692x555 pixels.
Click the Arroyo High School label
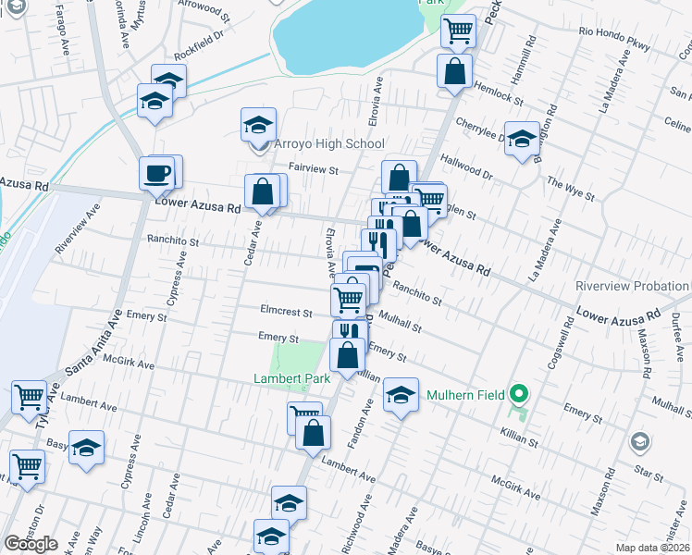point(327,144)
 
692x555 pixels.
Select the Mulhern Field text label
point(465,395)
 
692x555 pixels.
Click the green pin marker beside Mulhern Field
point(520,395)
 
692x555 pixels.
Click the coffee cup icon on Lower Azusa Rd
point(157,172)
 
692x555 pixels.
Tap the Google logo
point(31,544)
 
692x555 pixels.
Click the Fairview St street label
point(315,170)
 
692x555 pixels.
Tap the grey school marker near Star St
point(638,442)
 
